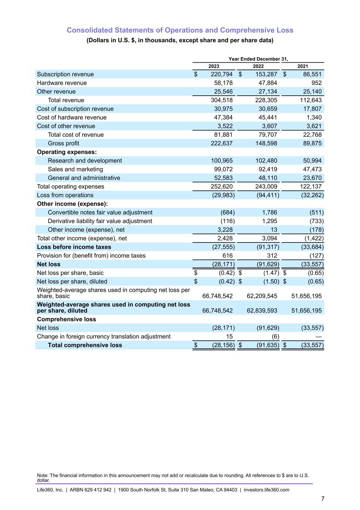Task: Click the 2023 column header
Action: [x=214, y=66]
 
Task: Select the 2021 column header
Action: [x=302, y=66]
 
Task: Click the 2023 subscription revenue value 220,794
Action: [x=221, y=74]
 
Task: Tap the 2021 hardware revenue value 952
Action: [x=316, y=83]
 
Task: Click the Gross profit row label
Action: [x=63, y=143]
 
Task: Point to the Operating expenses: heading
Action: [x=67, y=152]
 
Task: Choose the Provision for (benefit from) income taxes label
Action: [x=91, y=256]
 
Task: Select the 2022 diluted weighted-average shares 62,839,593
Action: [x=262, y=310]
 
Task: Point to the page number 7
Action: [x=323, y=499]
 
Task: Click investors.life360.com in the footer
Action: [x=266, y=490]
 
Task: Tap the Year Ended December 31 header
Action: [x=258, y=59]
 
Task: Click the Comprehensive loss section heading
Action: [x=66, y=319]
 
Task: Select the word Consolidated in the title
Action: [x=90, y=30]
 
